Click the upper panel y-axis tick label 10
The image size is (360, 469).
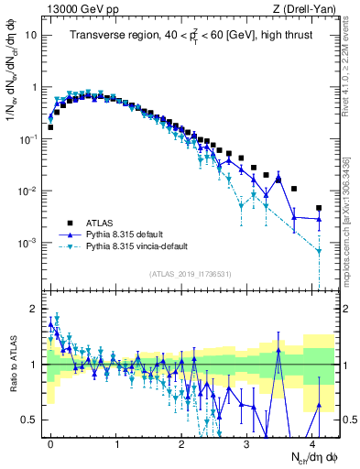point(31,35)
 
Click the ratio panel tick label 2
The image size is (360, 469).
point(34,307)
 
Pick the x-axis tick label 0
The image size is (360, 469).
point(50,442)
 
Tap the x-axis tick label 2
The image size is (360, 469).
point(180,442)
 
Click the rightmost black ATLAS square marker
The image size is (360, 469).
point(319,208)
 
